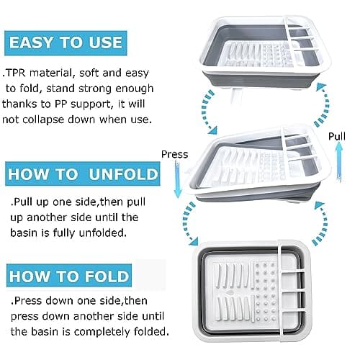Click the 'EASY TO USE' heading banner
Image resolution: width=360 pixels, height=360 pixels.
tap(66, 43)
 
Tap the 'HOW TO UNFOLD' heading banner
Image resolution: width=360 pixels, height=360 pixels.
tap(83, 174)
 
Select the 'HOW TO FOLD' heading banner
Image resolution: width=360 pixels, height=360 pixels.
tap(69, 276)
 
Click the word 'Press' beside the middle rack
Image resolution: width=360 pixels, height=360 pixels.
tap(174, 154)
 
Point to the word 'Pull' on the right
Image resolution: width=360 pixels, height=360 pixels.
tap(337, 136)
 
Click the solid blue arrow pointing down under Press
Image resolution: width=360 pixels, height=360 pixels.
tap(178, 180)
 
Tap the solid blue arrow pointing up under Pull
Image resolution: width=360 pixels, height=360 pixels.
tap(338, 162)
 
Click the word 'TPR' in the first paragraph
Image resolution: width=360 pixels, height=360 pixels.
tap(16, 73)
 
